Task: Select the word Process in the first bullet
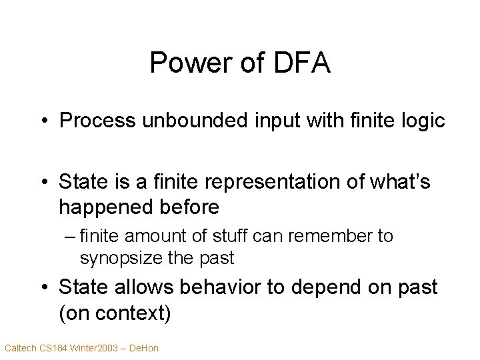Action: pyautogui.click(x=94, y=121)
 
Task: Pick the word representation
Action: pyautogui.click(x=282, y=181)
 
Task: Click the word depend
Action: pyautogui.click(x=328, y=287)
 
